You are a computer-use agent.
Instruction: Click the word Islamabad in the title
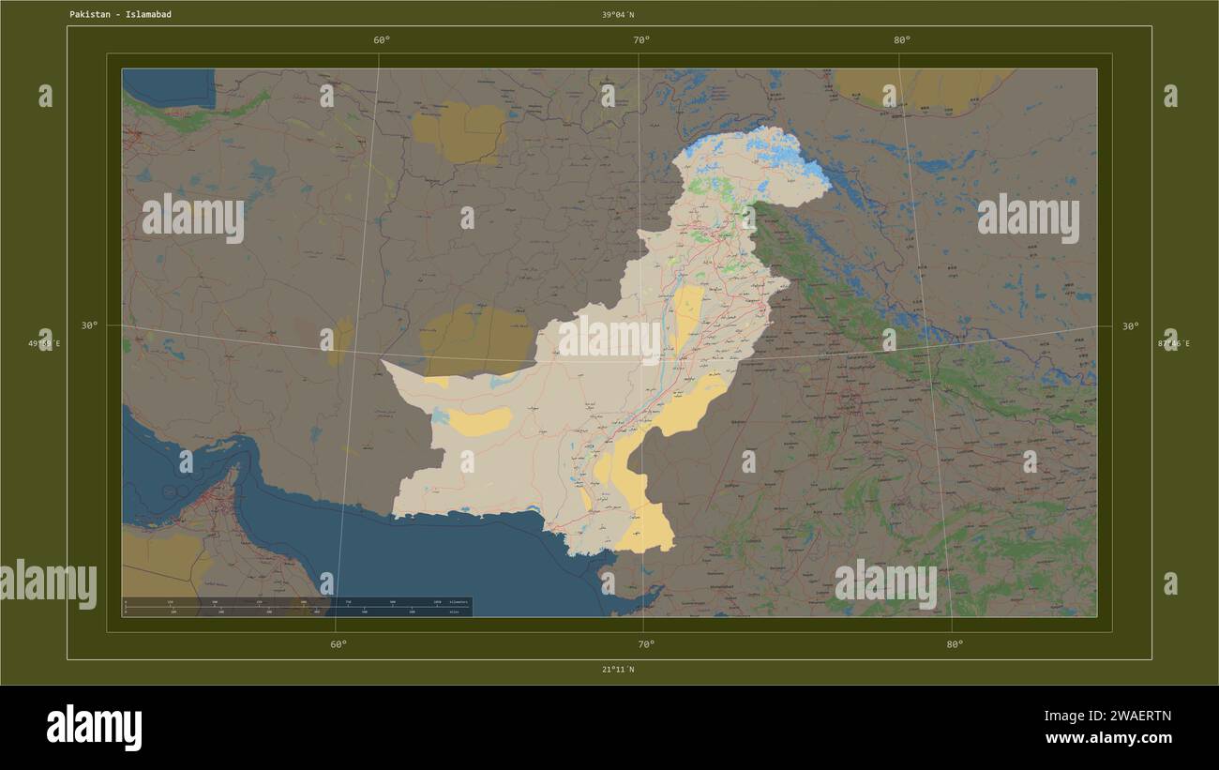coord(148,15)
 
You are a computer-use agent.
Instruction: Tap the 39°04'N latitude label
coord(618,15)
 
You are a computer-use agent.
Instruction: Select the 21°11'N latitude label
coord(617,670)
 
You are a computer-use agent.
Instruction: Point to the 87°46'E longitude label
coord(1173,344)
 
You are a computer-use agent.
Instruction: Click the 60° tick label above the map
coord(382,40)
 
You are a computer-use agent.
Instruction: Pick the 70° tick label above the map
coord(641,40)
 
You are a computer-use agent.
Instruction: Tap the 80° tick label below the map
coord(955,644)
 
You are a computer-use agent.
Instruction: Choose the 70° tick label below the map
coord(646,644)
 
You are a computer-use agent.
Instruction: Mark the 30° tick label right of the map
coord(1131,326)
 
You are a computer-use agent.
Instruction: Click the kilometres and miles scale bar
coord(297,606)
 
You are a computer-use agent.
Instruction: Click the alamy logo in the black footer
coord(94,728)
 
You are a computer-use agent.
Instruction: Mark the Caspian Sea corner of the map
coord(169,86)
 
